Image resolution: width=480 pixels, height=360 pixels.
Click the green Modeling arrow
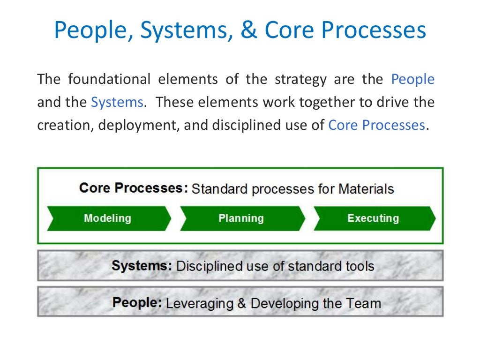pos(108,218)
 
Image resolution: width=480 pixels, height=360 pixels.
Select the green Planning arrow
pos(241,218)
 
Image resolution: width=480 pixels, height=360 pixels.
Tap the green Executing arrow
pos(373,218)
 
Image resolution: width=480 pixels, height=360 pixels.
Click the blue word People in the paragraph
pos(412,79)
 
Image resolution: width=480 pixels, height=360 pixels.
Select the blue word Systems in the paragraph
pos(117,102)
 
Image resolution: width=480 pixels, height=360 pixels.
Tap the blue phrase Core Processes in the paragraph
pos(376,125)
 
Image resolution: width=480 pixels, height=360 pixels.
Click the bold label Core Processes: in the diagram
pos(134,188)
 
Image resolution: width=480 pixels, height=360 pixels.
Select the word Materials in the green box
pos(366,189)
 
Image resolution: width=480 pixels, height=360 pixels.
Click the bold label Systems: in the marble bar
pos(142,266)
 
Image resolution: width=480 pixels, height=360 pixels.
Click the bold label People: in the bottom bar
pos(137,303)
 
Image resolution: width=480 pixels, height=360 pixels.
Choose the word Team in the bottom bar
pos(365,303)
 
